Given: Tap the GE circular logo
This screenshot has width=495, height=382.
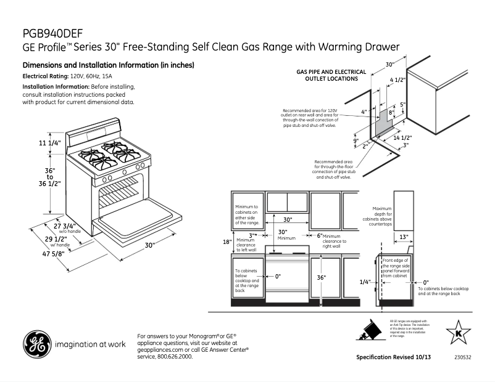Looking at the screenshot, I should click(36, 344).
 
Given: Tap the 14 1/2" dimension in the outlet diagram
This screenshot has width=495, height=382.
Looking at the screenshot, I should click(402, 137).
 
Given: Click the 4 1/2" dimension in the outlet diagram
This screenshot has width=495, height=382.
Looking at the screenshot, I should click(398, 80).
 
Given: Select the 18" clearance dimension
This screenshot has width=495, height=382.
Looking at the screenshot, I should click(227, 242).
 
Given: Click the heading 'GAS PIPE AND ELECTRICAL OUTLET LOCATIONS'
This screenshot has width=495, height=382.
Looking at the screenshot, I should click(331, 75).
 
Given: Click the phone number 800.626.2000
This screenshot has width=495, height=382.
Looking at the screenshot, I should click(175, 356).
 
